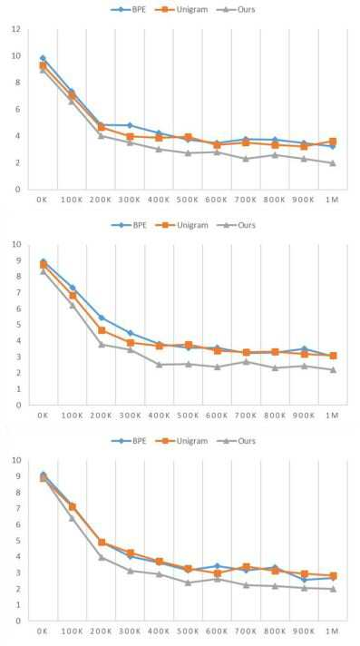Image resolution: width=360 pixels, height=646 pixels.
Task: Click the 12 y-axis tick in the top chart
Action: coord(16,29)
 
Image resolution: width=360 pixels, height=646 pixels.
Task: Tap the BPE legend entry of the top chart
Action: coord(128,9)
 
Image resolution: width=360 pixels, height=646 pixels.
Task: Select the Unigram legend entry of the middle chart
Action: coord(181,225)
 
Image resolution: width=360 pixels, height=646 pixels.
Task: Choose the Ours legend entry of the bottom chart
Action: coord(236,441)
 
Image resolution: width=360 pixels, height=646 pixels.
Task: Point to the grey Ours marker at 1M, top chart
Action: coord(333,162)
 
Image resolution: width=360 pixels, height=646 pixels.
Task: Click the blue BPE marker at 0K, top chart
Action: coord(43,58)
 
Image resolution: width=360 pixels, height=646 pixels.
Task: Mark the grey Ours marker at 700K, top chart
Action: coord(246,159)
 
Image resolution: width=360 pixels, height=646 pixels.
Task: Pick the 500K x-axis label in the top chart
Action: coord(188,200)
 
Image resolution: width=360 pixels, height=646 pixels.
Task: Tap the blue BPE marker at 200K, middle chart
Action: coord(101,318)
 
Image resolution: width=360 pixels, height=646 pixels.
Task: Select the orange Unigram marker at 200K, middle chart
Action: coord(102,330)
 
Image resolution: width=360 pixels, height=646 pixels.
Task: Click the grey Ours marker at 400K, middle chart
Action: coord(159,365)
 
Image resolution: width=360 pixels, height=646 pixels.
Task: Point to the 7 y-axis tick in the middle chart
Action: coord(18,292)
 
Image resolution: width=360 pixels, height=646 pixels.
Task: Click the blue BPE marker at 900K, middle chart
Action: coord(304,349)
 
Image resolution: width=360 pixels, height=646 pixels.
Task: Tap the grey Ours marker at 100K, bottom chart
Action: coord(72,518)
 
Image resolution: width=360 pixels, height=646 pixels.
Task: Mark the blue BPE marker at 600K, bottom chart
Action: coord(217,566)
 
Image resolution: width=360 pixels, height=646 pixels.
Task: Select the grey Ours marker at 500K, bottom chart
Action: coord(188,582)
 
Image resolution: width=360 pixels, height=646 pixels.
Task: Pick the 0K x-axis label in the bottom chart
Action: coord(43,631)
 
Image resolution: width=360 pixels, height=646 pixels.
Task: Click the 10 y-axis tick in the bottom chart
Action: coord(16,460)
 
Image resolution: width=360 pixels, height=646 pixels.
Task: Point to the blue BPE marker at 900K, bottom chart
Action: coord(304,580)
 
